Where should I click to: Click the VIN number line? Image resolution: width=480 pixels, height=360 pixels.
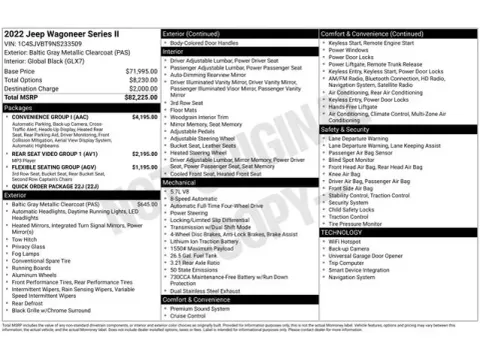click(x=45, y=44)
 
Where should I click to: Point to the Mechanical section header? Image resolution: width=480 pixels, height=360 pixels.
click(x=181, y=184)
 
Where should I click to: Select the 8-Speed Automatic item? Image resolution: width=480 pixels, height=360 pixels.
click(x=196, y=199)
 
